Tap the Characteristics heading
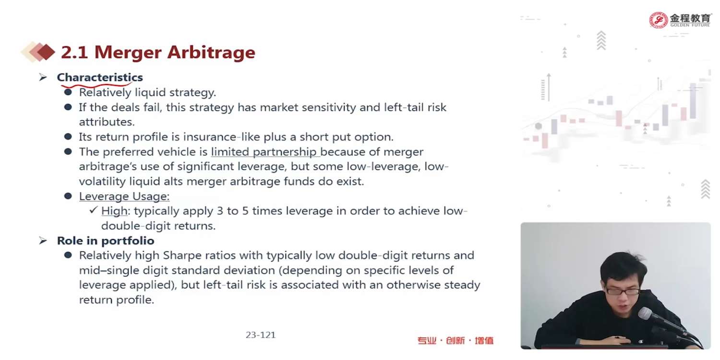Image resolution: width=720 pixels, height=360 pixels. pos(100,77)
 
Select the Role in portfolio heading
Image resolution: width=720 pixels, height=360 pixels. pos(106,241)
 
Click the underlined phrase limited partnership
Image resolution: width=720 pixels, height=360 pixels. pos(264,152)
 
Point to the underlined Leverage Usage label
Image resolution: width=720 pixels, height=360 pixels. pos(124,196)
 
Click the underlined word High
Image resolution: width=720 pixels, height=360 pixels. pos(114,211)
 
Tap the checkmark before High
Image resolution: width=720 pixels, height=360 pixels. pos(93,210)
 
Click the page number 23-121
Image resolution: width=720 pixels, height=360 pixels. pos(261,335)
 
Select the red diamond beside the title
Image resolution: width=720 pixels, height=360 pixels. pos(46,52)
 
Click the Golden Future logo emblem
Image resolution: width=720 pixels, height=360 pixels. pos(658,20)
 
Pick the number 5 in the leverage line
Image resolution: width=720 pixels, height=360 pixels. pos(245,211)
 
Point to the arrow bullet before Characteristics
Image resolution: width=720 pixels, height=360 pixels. pos(43,77)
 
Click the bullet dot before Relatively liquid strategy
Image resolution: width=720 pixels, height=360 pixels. pos(68,92)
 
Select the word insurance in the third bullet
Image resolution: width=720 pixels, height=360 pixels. pos(210,137)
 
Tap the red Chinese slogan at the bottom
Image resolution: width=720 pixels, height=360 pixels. pos(456,340)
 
